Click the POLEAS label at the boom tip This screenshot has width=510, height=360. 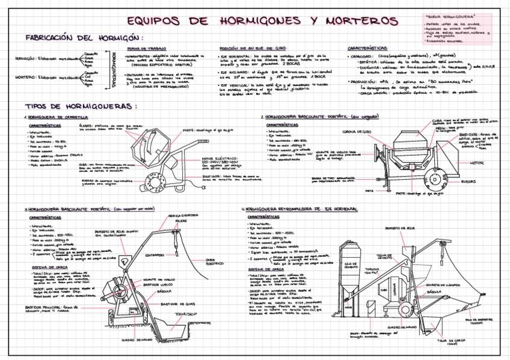(181, 221)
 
